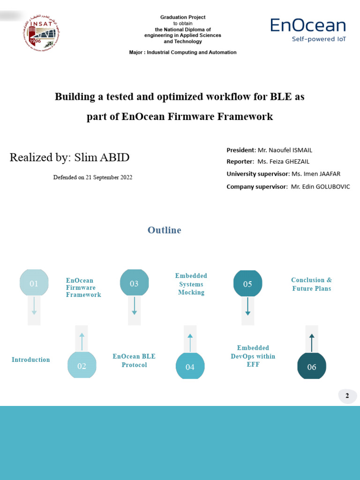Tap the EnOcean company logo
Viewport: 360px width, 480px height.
(x=308, y=26)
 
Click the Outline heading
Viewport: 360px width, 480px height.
(x=164, y=230)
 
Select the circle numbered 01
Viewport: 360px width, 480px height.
(x=34, y=283)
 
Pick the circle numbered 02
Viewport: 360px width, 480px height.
(x=82, y=366)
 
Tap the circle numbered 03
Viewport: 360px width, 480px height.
(x=134, y=283)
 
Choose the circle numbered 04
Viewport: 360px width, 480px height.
(x=190, y=367)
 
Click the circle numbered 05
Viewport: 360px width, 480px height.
(x=247, y=283)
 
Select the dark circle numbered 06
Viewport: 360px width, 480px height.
(x=312, y=367)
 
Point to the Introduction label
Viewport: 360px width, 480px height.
(x=31, y=360)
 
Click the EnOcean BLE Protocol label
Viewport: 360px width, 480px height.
(x=134, y=360)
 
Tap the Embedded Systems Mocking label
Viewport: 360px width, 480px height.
(x=191, y=284)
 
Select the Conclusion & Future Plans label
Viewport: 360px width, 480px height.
(x=311, y=284)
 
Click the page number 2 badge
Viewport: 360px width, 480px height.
(x=347, y=396)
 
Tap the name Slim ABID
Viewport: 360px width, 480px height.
(x=102, y=157)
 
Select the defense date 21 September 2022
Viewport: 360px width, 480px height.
(x=109, y=177)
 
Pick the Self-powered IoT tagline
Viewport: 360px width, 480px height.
(x=319, y=39)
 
